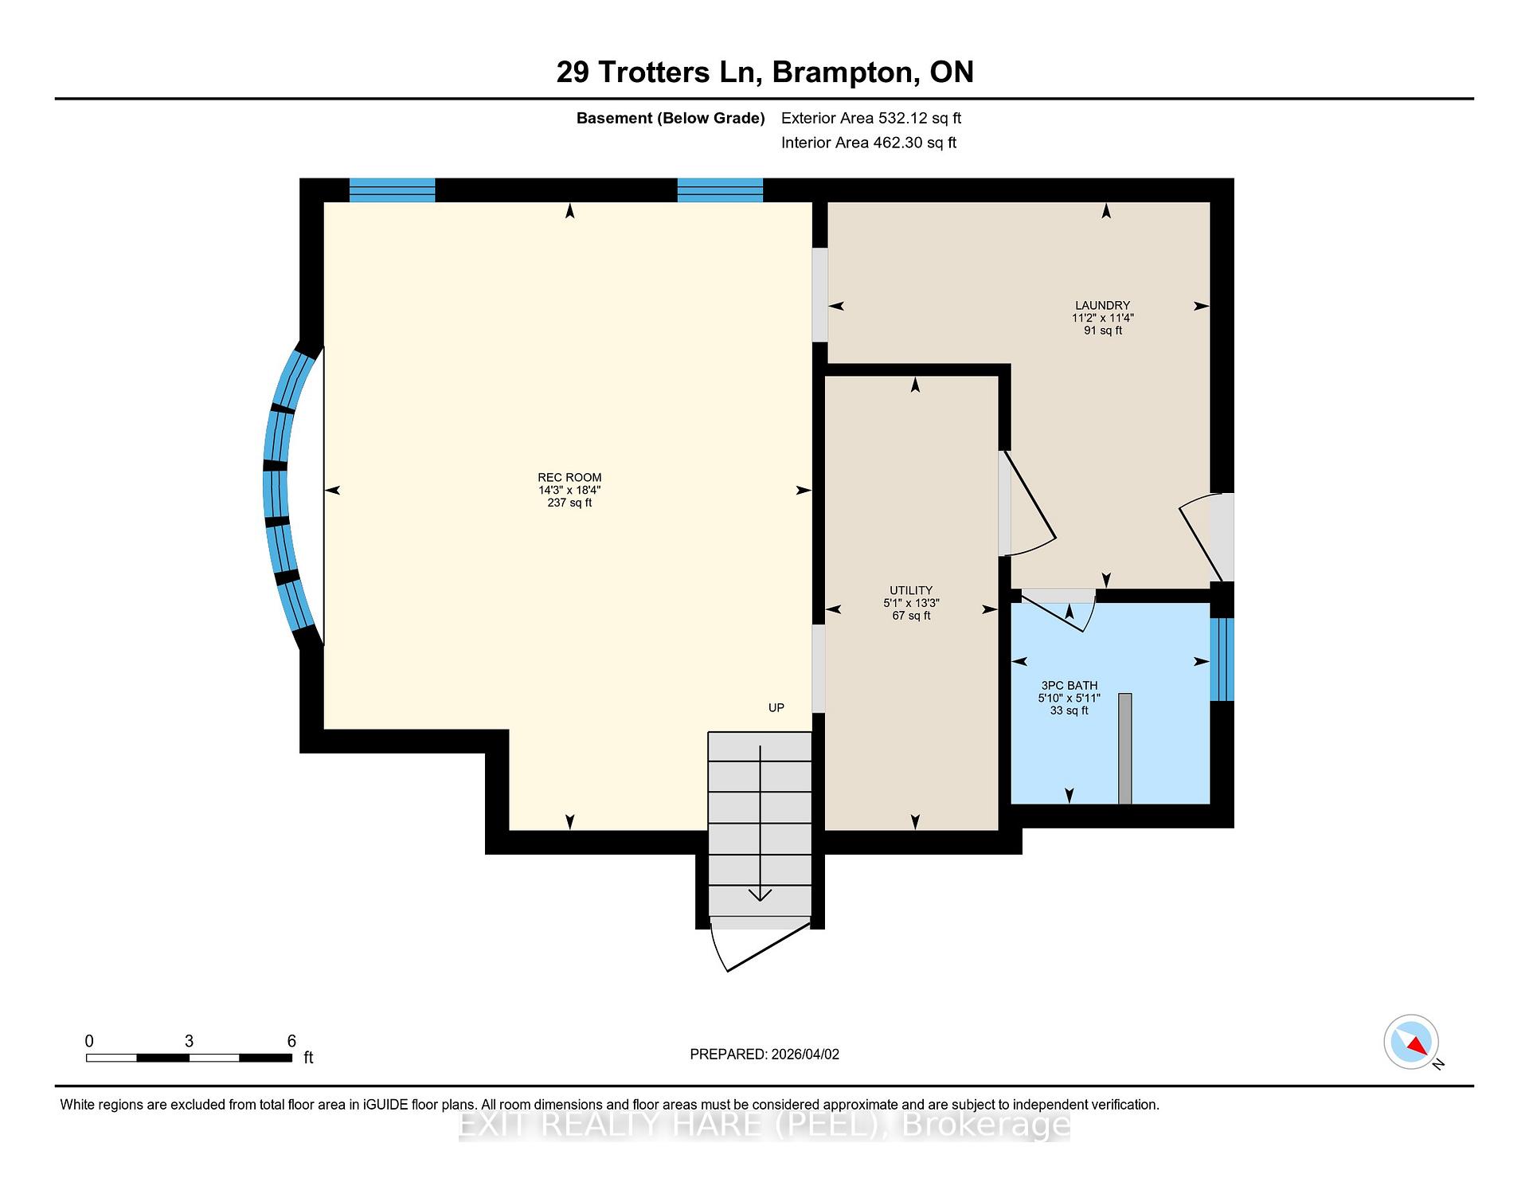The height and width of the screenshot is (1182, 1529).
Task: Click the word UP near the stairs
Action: coord(776,707)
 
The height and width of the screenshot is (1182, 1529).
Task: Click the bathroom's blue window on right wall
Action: coord(1221,659)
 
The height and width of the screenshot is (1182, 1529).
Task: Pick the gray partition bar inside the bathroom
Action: coord(1124,748)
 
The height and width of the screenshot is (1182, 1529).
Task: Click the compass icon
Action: coord(1411,1042)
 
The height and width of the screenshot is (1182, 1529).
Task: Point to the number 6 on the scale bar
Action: coord(291,1041)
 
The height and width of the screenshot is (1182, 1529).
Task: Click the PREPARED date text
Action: coord(764,1054)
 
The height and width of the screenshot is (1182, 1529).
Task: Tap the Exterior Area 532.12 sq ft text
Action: coord(870,118)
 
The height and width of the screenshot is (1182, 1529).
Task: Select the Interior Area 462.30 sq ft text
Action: coord(868,143)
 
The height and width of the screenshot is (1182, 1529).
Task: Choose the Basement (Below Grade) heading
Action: coord(670,118)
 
